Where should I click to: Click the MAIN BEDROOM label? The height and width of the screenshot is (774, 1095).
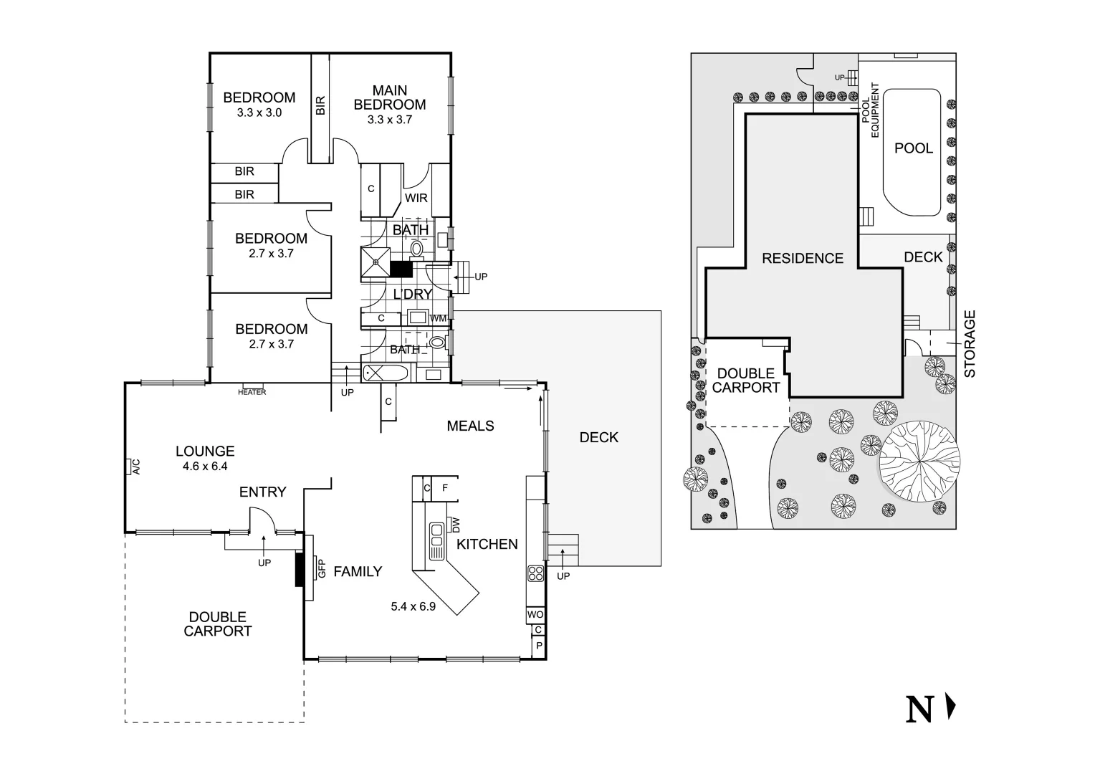(390, 97)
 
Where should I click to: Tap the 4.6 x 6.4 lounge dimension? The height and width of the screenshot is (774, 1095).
(205, 467)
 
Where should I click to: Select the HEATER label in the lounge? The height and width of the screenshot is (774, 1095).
(252, 392)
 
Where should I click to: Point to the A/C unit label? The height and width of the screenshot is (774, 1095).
(136, 467)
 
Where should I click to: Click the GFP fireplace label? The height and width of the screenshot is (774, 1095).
(322, 568)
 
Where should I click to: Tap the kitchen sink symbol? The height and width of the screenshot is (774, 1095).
(436, 541)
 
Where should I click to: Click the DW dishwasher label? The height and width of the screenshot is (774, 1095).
(456, 525)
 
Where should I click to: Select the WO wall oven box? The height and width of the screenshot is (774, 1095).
(535, 615)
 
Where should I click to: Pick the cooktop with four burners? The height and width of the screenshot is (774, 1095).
(536, 573)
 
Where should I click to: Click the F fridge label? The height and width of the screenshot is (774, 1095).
(445, 488)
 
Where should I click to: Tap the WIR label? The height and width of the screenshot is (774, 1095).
(416, 198)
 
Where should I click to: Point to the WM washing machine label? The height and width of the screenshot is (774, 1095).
(438, 318)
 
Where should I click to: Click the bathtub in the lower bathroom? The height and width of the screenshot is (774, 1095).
(386, 373)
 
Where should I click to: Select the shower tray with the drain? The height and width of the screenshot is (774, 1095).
(376, 262)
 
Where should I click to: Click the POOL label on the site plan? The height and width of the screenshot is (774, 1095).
(914, 148)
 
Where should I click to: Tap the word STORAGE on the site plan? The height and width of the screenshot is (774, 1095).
(970, 344)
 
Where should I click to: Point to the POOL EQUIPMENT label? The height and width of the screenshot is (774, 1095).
(871, 110)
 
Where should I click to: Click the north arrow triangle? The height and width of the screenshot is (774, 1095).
(951, 707)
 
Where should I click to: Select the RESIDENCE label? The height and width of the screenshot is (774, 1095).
(803, 258)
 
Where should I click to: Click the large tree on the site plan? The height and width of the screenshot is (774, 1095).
(919, 461)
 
